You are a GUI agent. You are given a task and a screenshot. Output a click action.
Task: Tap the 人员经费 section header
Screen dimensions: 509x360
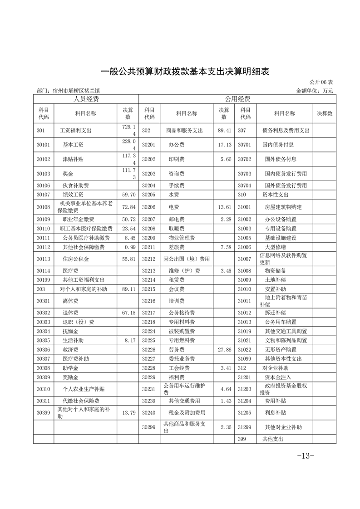point(86,99)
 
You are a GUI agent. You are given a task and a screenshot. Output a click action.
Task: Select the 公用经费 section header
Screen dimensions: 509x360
point(237,99)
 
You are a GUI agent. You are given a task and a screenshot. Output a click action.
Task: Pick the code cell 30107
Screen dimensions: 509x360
point(44,195)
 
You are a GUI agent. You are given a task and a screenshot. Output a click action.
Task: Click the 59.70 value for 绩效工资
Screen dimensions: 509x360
point(128,195)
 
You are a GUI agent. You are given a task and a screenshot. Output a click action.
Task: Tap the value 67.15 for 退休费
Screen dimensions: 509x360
point(128,313)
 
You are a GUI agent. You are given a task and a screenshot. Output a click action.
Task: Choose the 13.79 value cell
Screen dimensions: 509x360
point(128,412)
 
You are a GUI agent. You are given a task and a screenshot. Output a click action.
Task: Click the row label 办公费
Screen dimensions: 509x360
point(175,145)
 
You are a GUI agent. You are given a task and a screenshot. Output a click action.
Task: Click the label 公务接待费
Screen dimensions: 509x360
point(182,313)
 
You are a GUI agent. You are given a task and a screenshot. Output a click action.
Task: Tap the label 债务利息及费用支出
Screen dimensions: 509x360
point(286,130)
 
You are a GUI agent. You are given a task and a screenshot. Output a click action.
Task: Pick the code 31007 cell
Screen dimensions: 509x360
point(246,259)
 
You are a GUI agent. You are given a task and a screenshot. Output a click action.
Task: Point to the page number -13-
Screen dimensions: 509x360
point(305,455)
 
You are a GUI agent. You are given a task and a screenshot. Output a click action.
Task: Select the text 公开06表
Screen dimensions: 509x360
point(321,83)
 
